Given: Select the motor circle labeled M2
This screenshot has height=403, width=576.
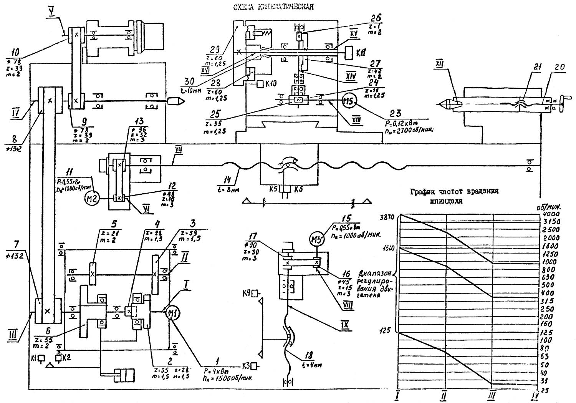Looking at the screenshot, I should (92, 198).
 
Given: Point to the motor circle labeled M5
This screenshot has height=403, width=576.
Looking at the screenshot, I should (349, 101).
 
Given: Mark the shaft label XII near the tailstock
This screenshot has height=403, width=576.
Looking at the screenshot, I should (440, 65).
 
